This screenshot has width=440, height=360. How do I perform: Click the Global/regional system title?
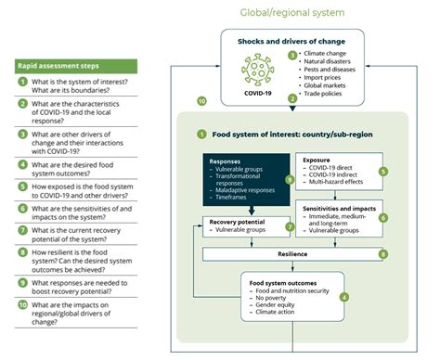tap(292, 13)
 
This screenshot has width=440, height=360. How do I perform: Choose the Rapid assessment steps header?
tap(58, 67)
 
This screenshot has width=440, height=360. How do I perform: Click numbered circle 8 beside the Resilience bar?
tap(382, 252)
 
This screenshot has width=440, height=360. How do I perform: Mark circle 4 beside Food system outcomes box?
tap(344, 297)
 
